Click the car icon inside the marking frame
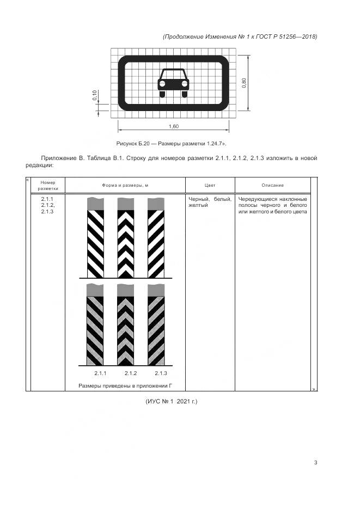click(x=173, y=83)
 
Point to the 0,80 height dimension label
click(x=244, y=83)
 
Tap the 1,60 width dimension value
click(x=174, y=126)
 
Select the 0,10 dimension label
click(x=94, y=95)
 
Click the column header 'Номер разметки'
click(x=48, y=185)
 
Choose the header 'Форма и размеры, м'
click(x=125, y=185)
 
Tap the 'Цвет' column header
click(x=210, y=185)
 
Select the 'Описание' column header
click(x=272, y=185)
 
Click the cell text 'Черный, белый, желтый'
click(x=209, y=202)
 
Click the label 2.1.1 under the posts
click(x=100, y=373)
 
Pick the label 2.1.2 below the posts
click(x=130, y=373)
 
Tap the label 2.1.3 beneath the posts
click(x=160, y=373)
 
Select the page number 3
click(x=315, y=463)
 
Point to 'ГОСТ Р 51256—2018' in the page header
click(x=289, y=36)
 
